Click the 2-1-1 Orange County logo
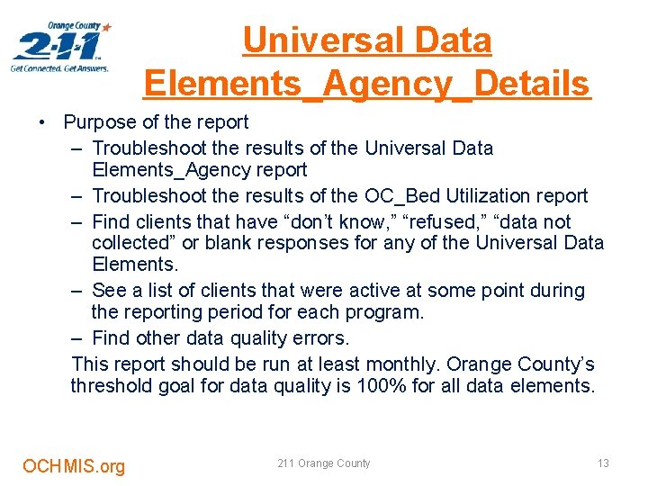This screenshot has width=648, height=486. [x=61, y=47]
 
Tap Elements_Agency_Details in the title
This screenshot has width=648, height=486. [x=366, y=84]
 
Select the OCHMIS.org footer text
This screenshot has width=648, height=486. [x=74, y=466]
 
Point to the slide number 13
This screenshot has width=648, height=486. [x=603, y=463]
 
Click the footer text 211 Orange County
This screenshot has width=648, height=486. [x=324, y=463]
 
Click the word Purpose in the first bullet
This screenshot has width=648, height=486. [x=99, y=121]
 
